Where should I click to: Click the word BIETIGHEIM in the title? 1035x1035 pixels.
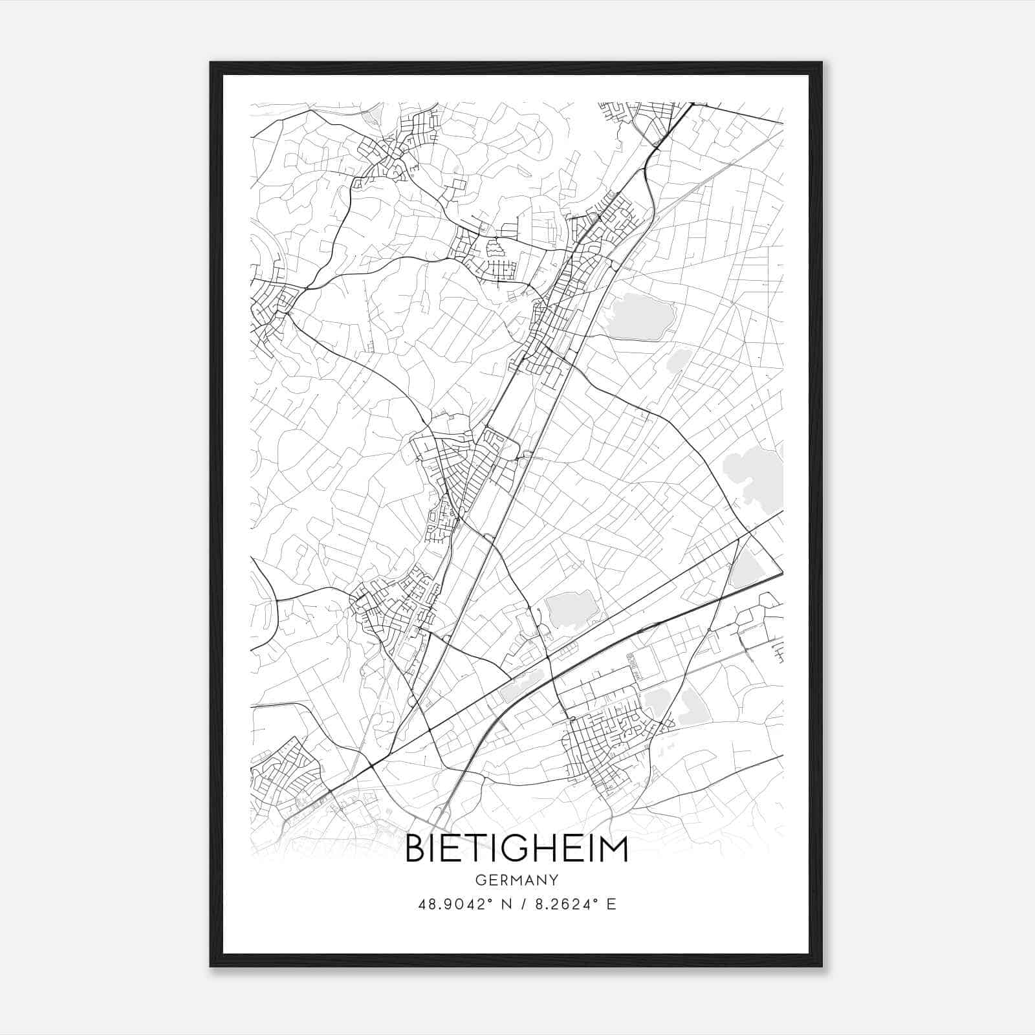click(x=516, y=849)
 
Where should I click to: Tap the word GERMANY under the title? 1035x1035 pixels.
click(x=516, y=880)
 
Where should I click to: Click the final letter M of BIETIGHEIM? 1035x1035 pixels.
click(x=614, y=849)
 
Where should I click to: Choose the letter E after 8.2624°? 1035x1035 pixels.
click(x=611, y=904)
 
